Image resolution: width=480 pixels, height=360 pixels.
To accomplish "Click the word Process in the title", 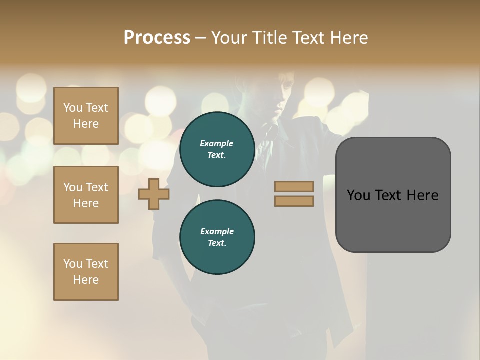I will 157,38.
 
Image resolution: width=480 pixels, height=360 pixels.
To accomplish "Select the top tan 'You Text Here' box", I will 86,116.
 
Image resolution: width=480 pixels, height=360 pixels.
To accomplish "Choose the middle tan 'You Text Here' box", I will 86,195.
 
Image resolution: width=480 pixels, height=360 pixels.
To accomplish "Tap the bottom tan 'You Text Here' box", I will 86,272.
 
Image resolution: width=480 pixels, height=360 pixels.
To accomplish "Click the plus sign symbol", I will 154,194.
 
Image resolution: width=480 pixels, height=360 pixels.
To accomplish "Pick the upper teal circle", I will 217,149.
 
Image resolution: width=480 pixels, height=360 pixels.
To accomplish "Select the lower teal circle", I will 217,237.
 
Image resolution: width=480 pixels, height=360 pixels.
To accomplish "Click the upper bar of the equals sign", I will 294,186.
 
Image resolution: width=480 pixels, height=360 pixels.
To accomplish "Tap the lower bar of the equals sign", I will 294,201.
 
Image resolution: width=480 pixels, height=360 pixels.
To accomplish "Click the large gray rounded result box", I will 393,194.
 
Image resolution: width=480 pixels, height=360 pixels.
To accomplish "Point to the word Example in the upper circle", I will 217,143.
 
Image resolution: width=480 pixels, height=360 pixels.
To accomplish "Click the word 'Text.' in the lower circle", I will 217,243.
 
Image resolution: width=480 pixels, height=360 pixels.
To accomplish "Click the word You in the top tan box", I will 73,108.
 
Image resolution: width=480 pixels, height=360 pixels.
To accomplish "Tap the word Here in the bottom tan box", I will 86,280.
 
